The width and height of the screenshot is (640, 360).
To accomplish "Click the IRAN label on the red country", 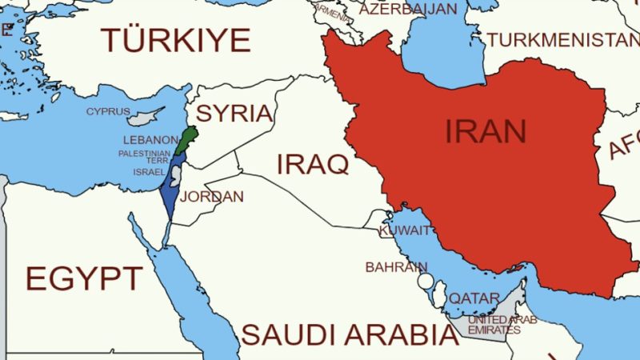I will click(486, 130).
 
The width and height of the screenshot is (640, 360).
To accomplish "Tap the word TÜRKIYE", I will click(175, 39).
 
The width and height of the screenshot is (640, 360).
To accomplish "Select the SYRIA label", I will click(234, 113).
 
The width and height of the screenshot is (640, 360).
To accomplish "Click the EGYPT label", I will click(84, 278).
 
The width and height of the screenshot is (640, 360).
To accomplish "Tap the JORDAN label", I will click(217, 196).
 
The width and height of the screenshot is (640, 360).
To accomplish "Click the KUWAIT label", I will click(398, 230).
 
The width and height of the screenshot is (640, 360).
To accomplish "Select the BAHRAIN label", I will click(392, 266).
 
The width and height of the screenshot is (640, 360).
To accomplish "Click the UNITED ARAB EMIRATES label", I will click(502, 325).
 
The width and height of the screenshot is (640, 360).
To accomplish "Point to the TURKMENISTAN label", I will click(563, 38).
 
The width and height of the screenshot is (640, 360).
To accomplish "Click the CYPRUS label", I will click(108, 111).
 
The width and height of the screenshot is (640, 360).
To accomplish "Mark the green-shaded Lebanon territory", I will click(186, 139).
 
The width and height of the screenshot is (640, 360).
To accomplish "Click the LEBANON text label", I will click(151, 139).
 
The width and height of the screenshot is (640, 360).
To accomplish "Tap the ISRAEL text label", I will click(149, 172).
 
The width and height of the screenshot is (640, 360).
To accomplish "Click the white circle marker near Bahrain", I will click(426, 282).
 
